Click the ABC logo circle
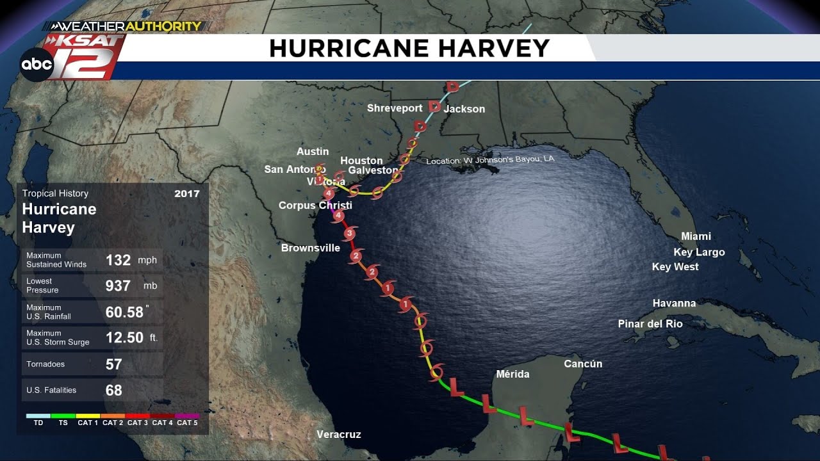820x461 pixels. click(37, 65)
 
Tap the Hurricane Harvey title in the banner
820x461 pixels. click(409, 49)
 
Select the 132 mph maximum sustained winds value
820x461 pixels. click(118, 260)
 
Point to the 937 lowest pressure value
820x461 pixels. click(118, 286)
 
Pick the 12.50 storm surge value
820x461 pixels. click(124, 337)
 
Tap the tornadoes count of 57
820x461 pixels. click(113, 364)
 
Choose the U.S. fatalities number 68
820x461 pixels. click(113, 390)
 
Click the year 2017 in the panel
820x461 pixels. click(186, 193)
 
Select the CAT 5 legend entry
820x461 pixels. click(187, 422)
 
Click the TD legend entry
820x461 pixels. click(38, 422)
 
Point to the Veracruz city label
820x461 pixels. click(339, 435)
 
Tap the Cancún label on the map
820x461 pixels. click(583, 364)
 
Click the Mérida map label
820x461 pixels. click(512, 374)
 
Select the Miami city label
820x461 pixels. click(696, 236)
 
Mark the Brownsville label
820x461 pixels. click(311, 248)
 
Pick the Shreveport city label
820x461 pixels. click(395, 108)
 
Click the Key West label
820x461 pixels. click(675, 266)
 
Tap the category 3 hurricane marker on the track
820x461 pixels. click(349, 234)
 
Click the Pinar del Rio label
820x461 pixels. click(650, 324)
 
